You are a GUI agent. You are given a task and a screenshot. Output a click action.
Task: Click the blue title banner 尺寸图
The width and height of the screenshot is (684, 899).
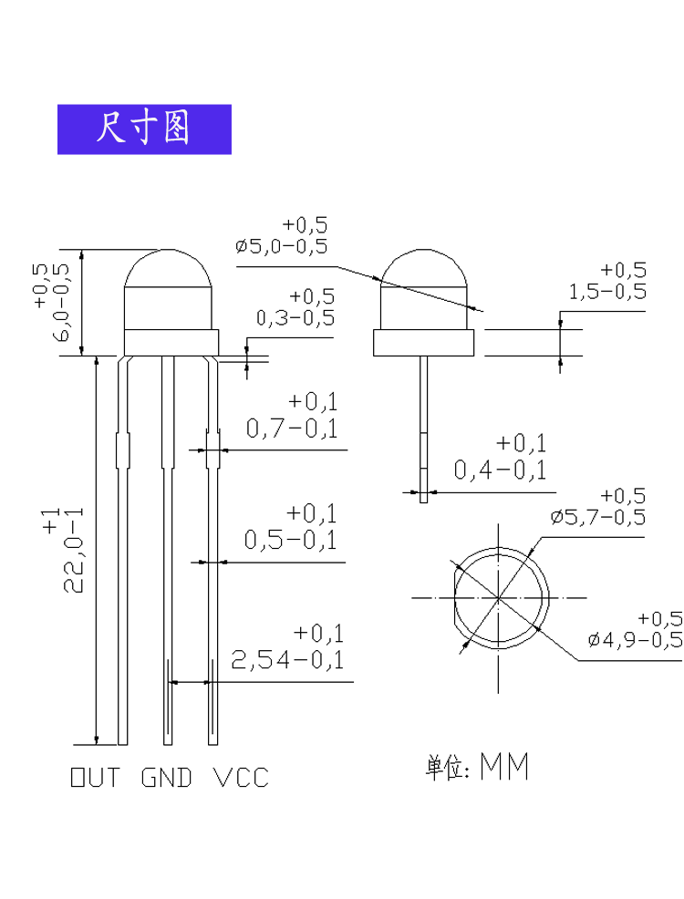144,129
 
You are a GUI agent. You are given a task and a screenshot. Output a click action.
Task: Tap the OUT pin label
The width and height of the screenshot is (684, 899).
95,778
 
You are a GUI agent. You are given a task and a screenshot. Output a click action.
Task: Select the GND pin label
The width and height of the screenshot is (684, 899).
166,778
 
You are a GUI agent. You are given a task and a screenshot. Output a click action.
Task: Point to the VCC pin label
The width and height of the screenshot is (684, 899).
241,778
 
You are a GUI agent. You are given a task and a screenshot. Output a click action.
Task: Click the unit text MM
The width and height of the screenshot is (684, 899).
504,766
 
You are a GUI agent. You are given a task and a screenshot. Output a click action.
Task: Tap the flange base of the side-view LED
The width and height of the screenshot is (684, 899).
424,343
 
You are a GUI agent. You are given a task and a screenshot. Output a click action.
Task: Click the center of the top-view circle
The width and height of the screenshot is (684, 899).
498,598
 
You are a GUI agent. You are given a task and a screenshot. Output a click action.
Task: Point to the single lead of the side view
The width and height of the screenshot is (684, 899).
424,430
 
